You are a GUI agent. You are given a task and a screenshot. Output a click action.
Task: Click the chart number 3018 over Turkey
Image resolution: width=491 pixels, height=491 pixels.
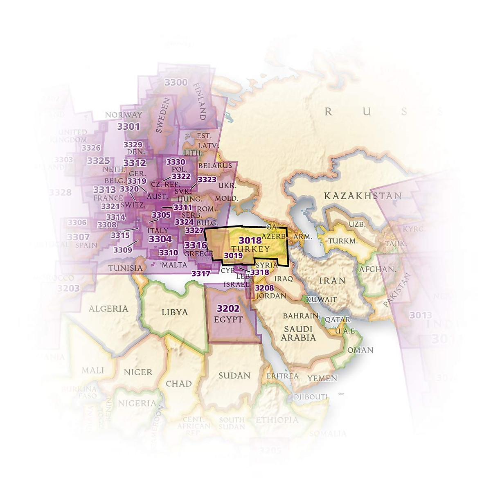point(250,241)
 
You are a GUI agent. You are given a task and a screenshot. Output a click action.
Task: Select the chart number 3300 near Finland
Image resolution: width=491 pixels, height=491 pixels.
point(176,82)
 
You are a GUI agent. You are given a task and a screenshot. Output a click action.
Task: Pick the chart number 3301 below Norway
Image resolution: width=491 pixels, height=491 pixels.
point(128,126)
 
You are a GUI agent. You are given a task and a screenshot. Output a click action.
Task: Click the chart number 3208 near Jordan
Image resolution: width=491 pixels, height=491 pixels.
point(264,288)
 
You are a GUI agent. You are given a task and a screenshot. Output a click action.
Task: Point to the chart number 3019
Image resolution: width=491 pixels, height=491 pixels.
point(233,256)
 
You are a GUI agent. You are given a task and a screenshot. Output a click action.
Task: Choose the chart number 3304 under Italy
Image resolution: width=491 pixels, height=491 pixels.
point(160,239)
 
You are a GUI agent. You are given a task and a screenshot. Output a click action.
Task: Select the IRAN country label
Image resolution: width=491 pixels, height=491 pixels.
point(332,281)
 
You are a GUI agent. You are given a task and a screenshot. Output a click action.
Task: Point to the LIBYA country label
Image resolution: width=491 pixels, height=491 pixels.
point(175,312)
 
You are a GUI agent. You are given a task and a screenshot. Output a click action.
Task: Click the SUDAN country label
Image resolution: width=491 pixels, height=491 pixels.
point(234,375)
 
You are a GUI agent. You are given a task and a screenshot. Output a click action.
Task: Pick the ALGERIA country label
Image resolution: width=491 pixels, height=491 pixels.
point(108,309)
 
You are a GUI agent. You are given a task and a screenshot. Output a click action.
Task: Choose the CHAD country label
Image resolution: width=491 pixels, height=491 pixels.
point(179,383)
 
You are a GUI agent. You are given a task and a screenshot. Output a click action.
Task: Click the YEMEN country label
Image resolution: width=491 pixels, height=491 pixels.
point(322,378)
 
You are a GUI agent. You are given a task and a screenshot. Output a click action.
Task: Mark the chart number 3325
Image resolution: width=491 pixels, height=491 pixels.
point(98,161)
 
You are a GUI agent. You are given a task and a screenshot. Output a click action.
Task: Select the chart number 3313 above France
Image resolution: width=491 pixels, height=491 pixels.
point(104,190)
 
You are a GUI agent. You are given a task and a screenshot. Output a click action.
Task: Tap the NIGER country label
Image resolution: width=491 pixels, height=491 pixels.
point(138,372)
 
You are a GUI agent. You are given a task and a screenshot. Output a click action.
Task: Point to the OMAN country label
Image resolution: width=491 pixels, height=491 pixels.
point(360,350)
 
